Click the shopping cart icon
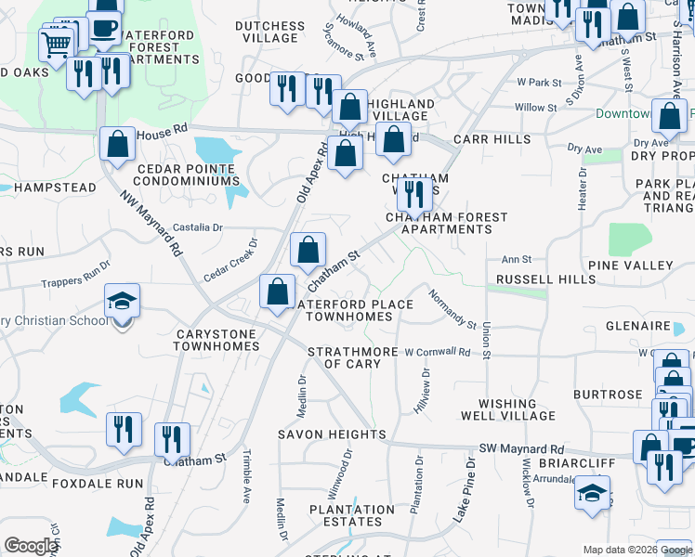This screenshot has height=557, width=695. click(57, 42)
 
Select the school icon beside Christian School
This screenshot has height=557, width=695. click(122, 302)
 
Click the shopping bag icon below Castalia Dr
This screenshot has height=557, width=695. click(308, 250)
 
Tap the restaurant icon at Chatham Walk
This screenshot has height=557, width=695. click(414, 192)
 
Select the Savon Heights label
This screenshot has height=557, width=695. click(332, 434)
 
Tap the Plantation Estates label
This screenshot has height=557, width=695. click(352, 515)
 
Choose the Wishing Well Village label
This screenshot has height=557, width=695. click(508, 409)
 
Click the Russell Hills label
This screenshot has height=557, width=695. click(545, 278)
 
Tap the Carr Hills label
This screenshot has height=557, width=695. click(492, 139)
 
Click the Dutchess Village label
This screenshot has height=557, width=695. click(269, 32)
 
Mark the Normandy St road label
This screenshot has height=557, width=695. click(452, 308)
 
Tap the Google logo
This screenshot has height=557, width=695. click(32, 546)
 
